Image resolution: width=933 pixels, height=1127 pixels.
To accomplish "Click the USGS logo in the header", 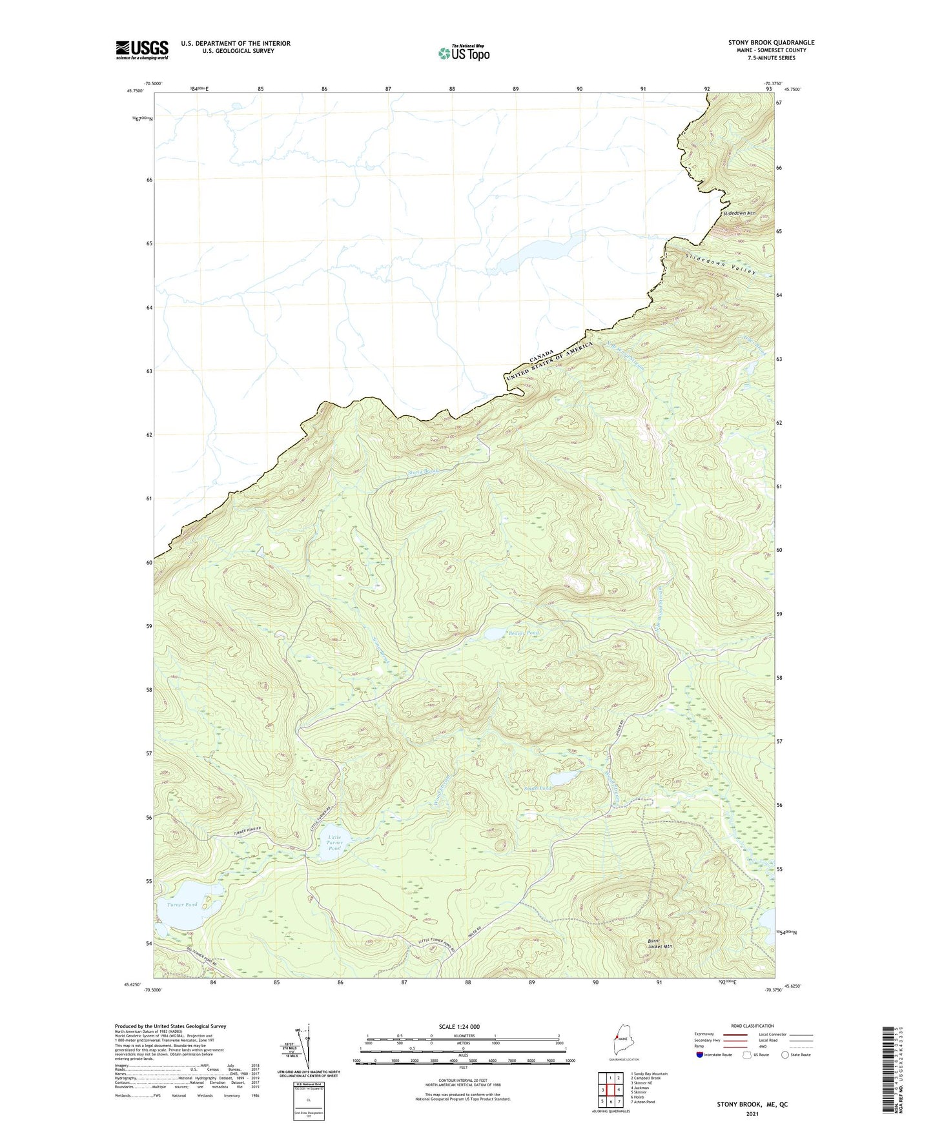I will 142,50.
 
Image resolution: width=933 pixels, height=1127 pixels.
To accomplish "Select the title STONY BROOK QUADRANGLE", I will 771,43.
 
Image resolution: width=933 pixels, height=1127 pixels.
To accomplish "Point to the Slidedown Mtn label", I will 739,213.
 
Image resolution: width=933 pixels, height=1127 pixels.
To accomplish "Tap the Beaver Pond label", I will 523,633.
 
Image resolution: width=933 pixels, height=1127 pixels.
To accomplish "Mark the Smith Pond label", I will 538,789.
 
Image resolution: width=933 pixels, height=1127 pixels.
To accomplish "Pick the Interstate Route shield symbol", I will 700,1055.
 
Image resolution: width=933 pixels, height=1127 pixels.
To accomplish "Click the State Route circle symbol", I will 785,1055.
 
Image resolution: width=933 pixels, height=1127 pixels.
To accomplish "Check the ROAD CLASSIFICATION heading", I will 752,1026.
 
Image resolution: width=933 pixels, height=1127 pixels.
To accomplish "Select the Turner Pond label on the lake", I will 182,905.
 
